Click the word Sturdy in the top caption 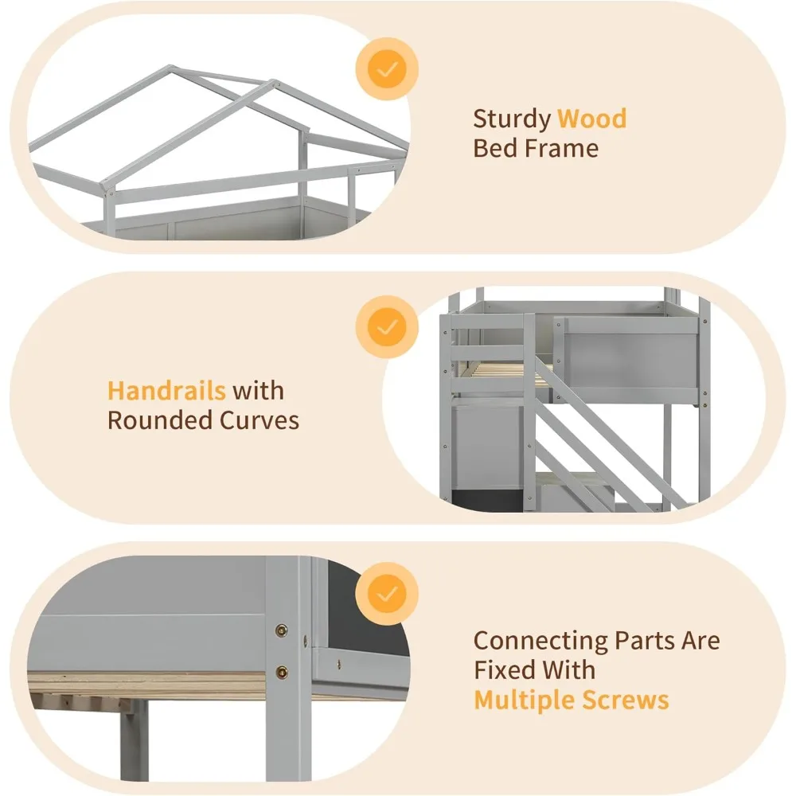click(512, 119)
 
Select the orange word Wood click(591, 119)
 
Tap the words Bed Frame click(536, 148)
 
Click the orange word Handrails click(166, 391)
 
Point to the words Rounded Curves click(203, 420)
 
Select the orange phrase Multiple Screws click(571, 700)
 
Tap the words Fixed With click(534, 670)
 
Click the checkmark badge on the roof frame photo click(387, 70)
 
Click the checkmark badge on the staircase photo click(387, 326)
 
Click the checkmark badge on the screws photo click(387, 594)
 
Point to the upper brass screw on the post click(281, 630)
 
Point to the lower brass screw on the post click(281, 671)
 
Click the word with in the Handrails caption click(258, 391)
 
